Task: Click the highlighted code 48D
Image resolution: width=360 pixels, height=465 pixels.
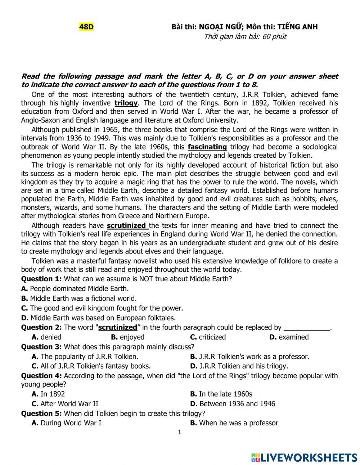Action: (x=86, y=27)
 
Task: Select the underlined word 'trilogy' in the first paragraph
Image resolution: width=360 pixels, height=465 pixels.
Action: (x=126, y=103)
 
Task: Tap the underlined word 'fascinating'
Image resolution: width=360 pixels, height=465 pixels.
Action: (x=207, y=147)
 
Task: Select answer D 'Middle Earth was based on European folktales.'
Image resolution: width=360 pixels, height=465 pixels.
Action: (x=98, y=318)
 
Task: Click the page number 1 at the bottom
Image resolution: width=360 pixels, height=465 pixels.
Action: (x=180, y=433)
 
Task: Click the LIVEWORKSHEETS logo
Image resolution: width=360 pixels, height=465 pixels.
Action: (x=304, y=457)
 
